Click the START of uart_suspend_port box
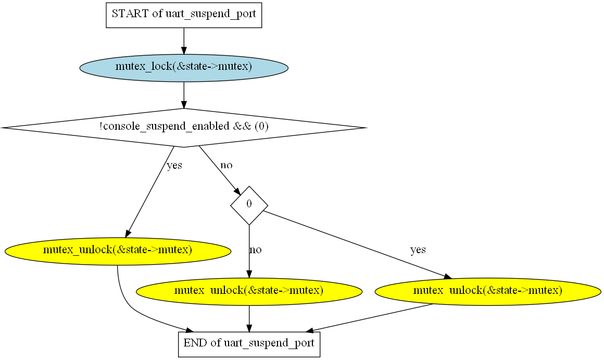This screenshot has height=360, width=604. point(184,15)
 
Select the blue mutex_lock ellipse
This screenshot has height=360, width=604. point(184,67)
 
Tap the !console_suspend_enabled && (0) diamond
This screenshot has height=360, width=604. point(184,127)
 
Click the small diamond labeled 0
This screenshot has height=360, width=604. point(249,204)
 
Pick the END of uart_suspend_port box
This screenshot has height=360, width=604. point(249,343)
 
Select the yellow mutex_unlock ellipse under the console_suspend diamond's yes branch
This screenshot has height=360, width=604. point(118,251)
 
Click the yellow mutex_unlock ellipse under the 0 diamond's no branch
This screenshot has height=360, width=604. point(249,291)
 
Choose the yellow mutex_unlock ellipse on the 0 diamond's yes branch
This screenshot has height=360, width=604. point(487,291)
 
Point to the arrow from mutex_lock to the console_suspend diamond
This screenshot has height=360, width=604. point(184,95)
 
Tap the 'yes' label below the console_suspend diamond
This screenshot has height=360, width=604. point(174,166)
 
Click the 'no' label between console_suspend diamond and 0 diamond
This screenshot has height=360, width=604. point(227,166)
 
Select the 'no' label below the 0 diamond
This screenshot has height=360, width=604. point(255,250)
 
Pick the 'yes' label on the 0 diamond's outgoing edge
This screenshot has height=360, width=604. point(418,250)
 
